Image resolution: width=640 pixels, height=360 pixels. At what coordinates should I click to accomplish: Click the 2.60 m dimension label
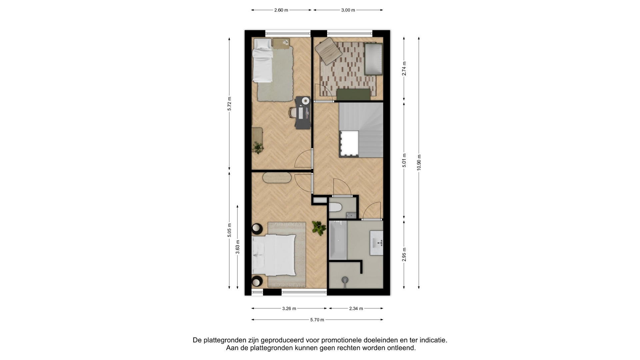(x=281, y=10)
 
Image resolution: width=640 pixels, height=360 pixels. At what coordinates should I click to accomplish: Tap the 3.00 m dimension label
(x=348, y=10)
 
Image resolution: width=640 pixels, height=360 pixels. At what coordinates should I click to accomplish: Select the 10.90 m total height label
(x=419, y=163)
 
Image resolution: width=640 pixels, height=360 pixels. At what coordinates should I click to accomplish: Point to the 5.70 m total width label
(x=317, y=320)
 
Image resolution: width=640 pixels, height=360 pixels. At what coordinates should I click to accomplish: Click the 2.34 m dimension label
(x=356, y=309)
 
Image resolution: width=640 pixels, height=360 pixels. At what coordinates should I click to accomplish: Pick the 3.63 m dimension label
(x=238, y=247)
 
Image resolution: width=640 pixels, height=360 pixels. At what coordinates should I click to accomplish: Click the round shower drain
(x=345, y=279)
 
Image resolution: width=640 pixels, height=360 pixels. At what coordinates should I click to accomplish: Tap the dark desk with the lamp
(x=303, y=113)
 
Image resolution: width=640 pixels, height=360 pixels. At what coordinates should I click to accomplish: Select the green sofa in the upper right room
(x=353, y=94)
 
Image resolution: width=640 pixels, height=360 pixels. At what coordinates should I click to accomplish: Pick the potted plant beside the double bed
(x=319, y=228)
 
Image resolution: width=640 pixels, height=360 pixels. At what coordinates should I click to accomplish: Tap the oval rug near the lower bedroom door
(x=277, y=178)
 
